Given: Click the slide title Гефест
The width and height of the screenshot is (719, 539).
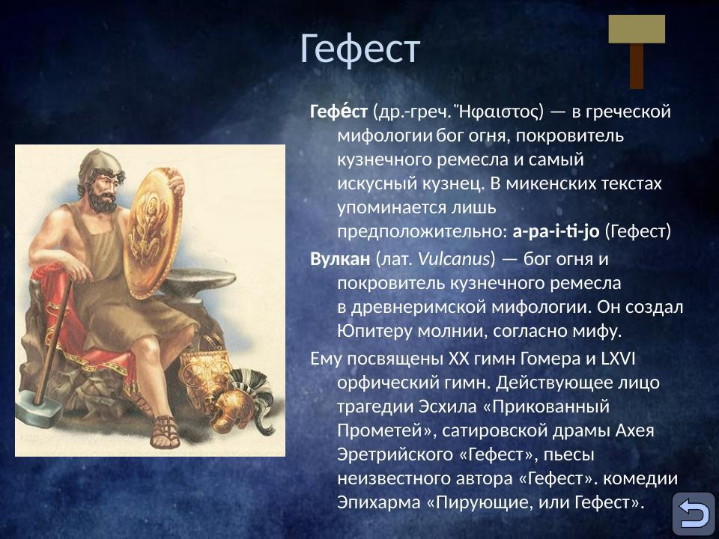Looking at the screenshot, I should (359, 49).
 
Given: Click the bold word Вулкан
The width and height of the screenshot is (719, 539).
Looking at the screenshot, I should (340, 259).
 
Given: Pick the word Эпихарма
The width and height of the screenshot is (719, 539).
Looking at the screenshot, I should (378, 502).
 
